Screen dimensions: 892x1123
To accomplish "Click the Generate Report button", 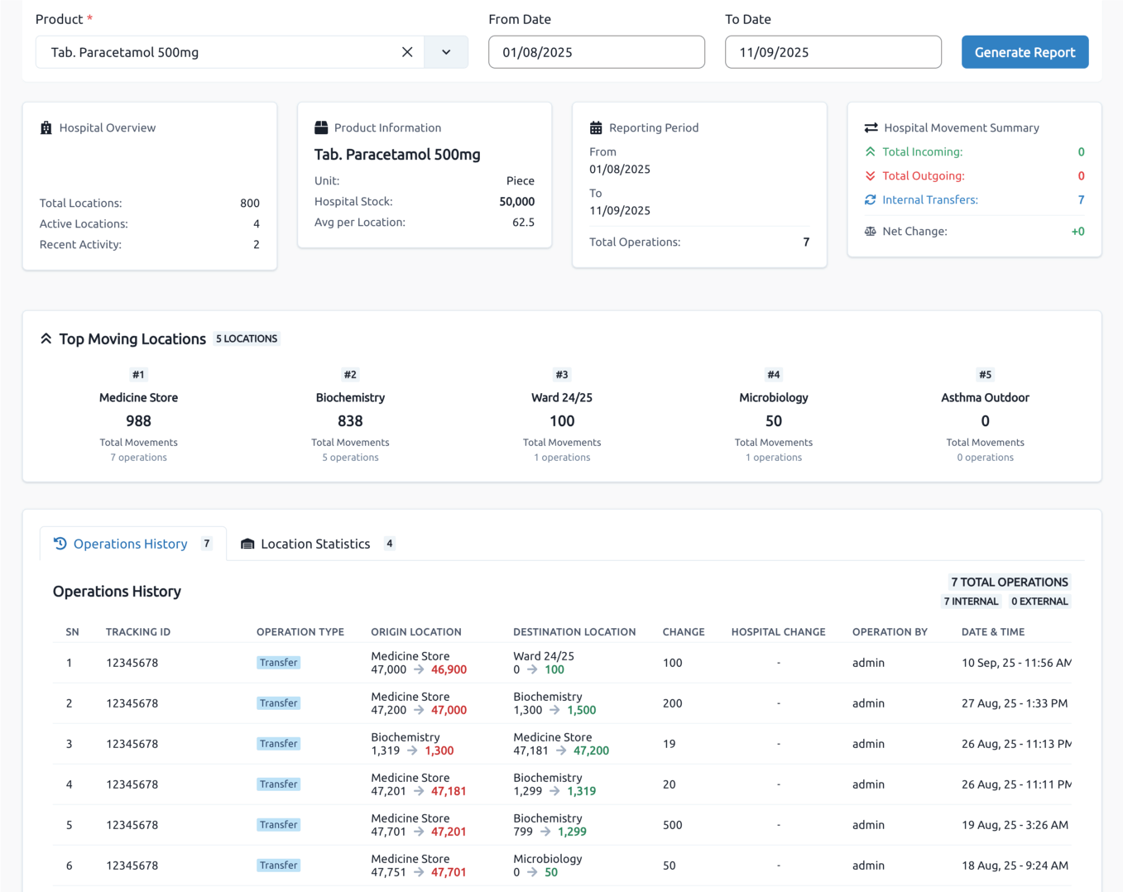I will point(1025,52).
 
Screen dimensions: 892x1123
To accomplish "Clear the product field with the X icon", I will point(407,52).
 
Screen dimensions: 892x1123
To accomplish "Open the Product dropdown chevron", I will point(446,52).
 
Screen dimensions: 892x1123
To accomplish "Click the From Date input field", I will point(596,52).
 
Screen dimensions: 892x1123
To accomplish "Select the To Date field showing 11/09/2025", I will point(833,52).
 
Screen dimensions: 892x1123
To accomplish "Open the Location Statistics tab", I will point(315,544).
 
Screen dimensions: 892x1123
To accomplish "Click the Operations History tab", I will point(131,544).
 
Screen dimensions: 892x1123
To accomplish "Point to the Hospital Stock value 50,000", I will point(516,201).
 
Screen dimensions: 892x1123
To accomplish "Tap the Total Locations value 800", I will point(249,203).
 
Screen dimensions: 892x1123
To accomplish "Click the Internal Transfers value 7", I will point(1081,199).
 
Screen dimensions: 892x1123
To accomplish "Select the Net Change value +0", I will point(1077,231).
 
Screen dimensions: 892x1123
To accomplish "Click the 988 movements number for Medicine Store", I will point(138,420).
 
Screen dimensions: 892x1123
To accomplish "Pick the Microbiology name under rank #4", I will point(773,397).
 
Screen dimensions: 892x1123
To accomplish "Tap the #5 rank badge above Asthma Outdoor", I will point(985,375).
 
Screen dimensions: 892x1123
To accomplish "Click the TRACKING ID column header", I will point(138,631).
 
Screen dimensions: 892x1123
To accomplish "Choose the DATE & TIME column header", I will point(992,631).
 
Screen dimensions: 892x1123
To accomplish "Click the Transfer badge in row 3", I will point(278,744).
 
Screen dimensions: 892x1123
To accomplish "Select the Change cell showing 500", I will point(672,825).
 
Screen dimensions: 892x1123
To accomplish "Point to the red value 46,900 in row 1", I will point(449,669).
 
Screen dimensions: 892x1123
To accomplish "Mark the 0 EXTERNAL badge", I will point(1039,602).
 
